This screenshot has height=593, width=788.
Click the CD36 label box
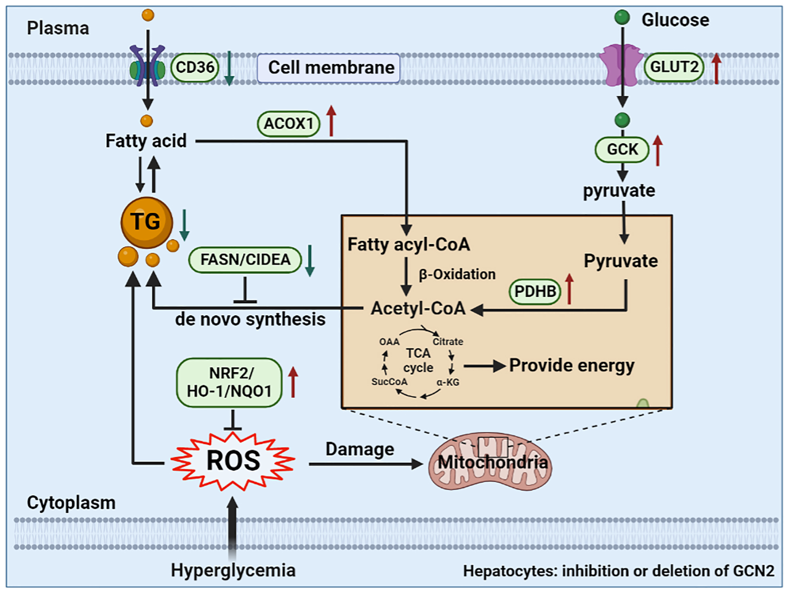coord(195,68)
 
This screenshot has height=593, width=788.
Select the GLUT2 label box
coord(674,67)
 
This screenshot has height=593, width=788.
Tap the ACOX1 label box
coord(288,124)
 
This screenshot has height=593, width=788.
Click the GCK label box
coord(622,150)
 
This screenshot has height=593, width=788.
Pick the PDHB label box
coord(535,292)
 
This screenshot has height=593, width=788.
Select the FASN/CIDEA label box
coord(245,260)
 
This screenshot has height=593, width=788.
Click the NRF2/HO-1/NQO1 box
coord(229,383)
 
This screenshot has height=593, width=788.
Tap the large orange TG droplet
coord(146,222)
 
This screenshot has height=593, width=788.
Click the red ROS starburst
coord(233,461)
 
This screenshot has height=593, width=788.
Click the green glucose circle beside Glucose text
coord(622,18)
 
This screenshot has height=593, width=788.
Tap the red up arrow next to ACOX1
coord(331,121)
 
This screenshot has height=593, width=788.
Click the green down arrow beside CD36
coord(229,68)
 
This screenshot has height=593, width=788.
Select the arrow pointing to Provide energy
coord(485,366)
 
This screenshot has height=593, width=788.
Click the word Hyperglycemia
coord(233,570)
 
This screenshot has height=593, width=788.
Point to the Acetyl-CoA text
coord(418,309)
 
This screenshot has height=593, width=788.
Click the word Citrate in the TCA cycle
coord(448,342)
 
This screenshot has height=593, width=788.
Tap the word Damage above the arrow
coord(359,449)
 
